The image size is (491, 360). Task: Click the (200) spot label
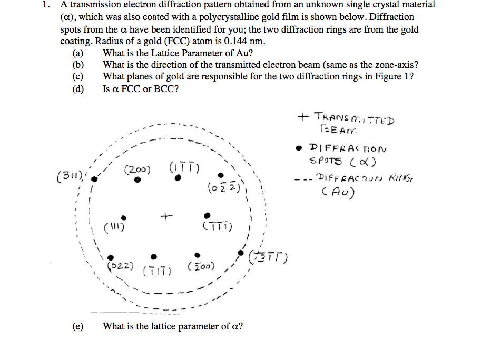tap(138, 169)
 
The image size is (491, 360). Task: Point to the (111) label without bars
tap(114, 228)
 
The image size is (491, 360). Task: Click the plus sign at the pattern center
tap(166, 215)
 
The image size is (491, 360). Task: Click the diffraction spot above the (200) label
tap(138, 179)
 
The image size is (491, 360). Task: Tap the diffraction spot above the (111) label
tap(124, 217)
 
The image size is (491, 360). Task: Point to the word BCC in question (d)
tap(168, 88)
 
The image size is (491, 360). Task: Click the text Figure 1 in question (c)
tap(392, 76)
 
